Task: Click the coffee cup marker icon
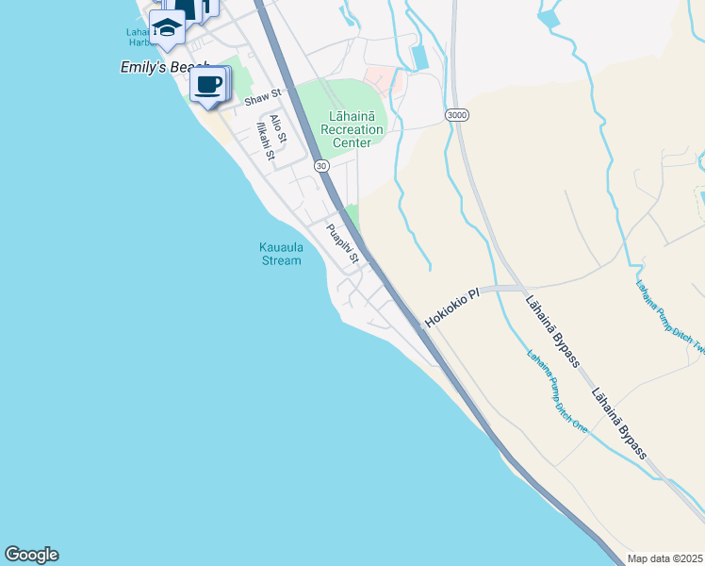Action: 208,85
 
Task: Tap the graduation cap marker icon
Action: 167,26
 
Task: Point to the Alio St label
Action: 278,128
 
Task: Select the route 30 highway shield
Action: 322,165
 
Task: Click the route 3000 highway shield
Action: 457,114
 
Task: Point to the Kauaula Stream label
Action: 281,254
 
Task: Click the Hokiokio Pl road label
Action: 452,308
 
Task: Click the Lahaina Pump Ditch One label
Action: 556,391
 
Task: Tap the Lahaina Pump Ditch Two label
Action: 670,316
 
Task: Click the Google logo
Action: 31,555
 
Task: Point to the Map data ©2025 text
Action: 665,558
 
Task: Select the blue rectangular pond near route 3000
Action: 419,57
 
